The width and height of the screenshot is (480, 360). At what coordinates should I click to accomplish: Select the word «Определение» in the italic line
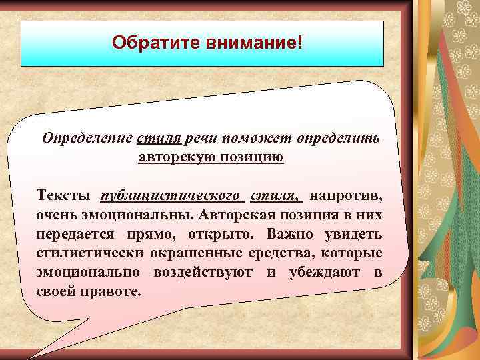click(87, 138)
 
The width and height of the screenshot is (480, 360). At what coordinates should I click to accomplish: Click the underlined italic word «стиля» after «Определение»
click(159, 138)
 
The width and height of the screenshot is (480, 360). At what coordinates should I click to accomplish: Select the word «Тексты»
click(63, 197)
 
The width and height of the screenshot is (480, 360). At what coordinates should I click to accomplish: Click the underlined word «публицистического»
click(170, 197)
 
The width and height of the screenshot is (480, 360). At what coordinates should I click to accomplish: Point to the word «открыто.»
click(225, 235)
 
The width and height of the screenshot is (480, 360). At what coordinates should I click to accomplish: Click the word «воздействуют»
click(206, 273)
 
